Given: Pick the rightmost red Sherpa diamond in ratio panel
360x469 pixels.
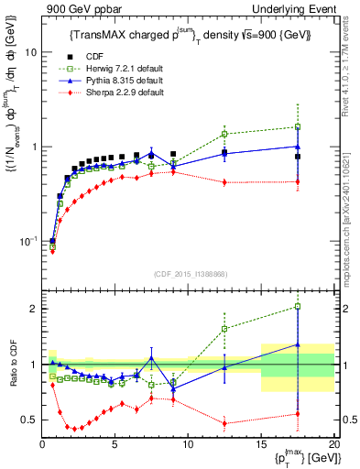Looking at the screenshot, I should click(x=297, y=414).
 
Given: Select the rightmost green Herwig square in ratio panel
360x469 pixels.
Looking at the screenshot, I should click(x=297, y=307).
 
